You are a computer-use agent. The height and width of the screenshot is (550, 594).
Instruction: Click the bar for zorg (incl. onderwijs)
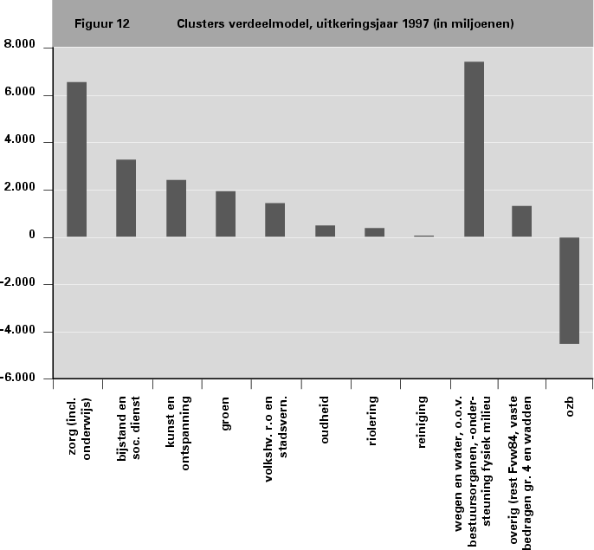[76, 159]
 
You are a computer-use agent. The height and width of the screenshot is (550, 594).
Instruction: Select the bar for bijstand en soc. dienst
[126, 198]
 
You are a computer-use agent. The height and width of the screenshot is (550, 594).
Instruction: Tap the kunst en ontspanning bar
[176, 209]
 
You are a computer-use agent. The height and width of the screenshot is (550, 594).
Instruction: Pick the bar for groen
[225, 214]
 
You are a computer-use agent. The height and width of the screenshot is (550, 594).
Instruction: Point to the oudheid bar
[325, 231]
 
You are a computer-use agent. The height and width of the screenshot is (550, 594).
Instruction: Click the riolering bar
[374, 232]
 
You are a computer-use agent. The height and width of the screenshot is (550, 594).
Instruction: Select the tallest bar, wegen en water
[474, 149]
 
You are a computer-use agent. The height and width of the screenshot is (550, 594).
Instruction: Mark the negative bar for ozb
[569, 290]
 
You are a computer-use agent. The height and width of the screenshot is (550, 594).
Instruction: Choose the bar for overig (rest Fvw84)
[521, 221]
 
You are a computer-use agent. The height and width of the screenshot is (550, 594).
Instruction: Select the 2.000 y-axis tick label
[27, 189]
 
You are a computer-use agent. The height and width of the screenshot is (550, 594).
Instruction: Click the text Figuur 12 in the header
[102, 24]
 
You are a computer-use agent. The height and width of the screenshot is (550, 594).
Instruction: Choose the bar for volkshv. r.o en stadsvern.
[274, 220]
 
